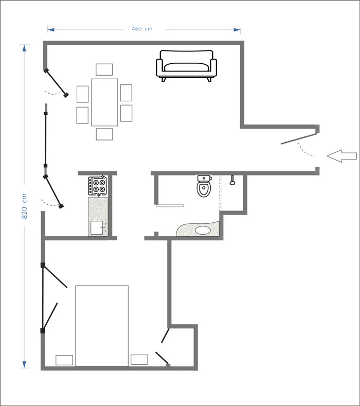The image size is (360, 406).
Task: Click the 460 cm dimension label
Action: pyautogui.click(x=142, y=29)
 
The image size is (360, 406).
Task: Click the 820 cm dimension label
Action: pyautogui.click(x=24, y=206)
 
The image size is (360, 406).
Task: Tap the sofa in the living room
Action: pyautogui.click(x=186, y=66)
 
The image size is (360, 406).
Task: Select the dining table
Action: pyautogui.click(x=104, y=102)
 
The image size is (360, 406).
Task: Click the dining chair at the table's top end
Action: pyautogui.click(x=104, y=69)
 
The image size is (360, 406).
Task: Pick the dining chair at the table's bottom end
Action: pyautogui.click(x=104, y=134)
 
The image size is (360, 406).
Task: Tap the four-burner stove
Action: pyautogui.click(x=97, y=186)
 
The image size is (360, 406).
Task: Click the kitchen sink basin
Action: pyautogui.click(x=97, y=227)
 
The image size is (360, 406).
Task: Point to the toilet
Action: pyautogui.click(x=204, y=186)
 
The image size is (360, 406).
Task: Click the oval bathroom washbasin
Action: pyautogui.click(x=203, y=230)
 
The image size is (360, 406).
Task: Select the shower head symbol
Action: pyautogui.click(x=232, y=180)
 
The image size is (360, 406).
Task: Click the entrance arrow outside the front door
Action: pyautogui.click(x=342, y=156)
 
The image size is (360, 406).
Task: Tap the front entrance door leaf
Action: pyautogui.click(x=299, y=139)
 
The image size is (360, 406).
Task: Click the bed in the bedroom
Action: pyautogui.click(x=102, y=326)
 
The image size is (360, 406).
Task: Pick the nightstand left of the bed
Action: pyautogui.click(x=64, y=360)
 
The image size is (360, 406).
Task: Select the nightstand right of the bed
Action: pyautogui.click(x=139, y=360)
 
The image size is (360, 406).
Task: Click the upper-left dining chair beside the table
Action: pyautogui.click(x=83, y=94)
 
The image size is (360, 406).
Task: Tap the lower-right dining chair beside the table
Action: pyautogui.click(x=127, y=113)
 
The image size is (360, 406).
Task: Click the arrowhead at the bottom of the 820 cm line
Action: pyautogui.click(x=24, y=364)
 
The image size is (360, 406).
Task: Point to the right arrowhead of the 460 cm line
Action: pyautogui.click(x=237, y=30)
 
